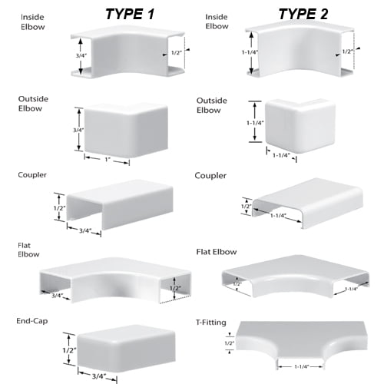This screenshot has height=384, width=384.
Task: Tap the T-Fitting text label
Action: coord(212,323)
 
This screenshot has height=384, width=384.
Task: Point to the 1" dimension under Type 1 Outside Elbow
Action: coord(108,161)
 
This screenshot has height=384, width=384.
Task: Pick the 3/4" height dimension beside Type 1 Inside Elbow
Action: coord(70,55)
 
